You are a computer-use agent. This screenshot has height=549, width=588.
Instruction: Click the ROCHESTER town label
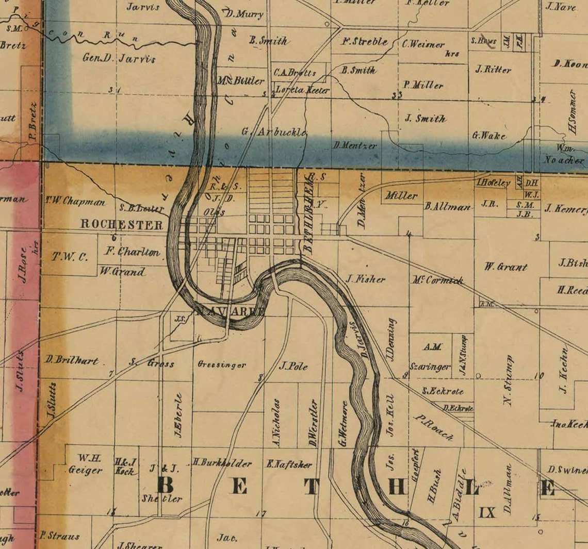pos(122,225)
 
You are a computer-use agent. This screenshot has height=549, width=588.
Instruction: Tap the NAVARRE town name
pos(230,311)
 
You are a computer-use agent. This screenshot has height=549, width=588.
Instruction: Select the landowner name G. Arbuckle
pos(274,131)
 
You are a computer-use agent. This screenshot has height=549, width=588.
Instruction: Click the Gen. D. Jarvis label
pos(119,58)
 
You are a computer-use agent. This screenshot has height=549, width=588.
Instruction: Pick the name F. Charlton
pos(133,252)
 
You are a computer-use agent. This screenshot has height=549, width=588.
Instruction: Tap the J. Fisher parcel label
pos(365,279)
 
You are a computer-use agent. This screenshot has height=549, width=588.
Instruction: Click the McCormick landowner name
pos(437,280)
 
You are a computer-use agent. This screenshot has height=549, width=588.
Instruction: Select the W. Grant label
pos(505,267)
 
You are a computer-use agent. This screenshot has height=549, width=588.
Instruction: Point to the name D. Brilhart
pos(72,360)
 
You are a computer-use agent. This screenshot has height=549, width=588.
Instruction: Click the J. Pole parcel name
pos(293,367)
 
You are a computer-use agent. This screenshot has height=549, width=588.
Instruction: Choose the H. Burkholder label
pos(222,463)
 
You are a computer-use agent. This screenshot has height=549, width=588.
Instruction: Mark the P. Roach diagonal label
pos(433,427)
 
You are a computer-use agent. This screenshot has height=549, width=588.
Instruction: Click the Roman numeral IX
pos(487,512)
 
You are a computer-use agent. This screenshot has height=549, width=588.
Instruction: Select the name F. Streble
pos(365,42)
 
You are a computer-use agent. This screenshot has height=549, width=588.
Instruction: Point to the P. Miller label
pos(423,85)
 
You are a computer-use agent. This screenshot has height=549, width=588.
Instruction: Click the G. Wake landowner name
pos(489,136)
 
